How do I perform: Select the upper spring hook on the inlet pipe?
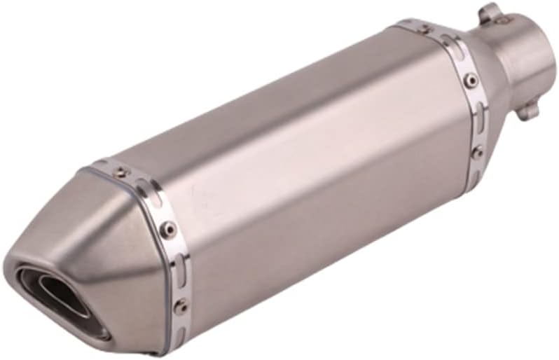coord(491,13)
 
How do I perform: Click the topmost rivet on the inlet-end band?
coord(424,29)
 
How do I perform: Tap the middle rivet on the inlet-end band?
coord(471,80)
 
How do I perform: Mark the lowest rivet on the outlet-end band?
coord(181,305)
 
